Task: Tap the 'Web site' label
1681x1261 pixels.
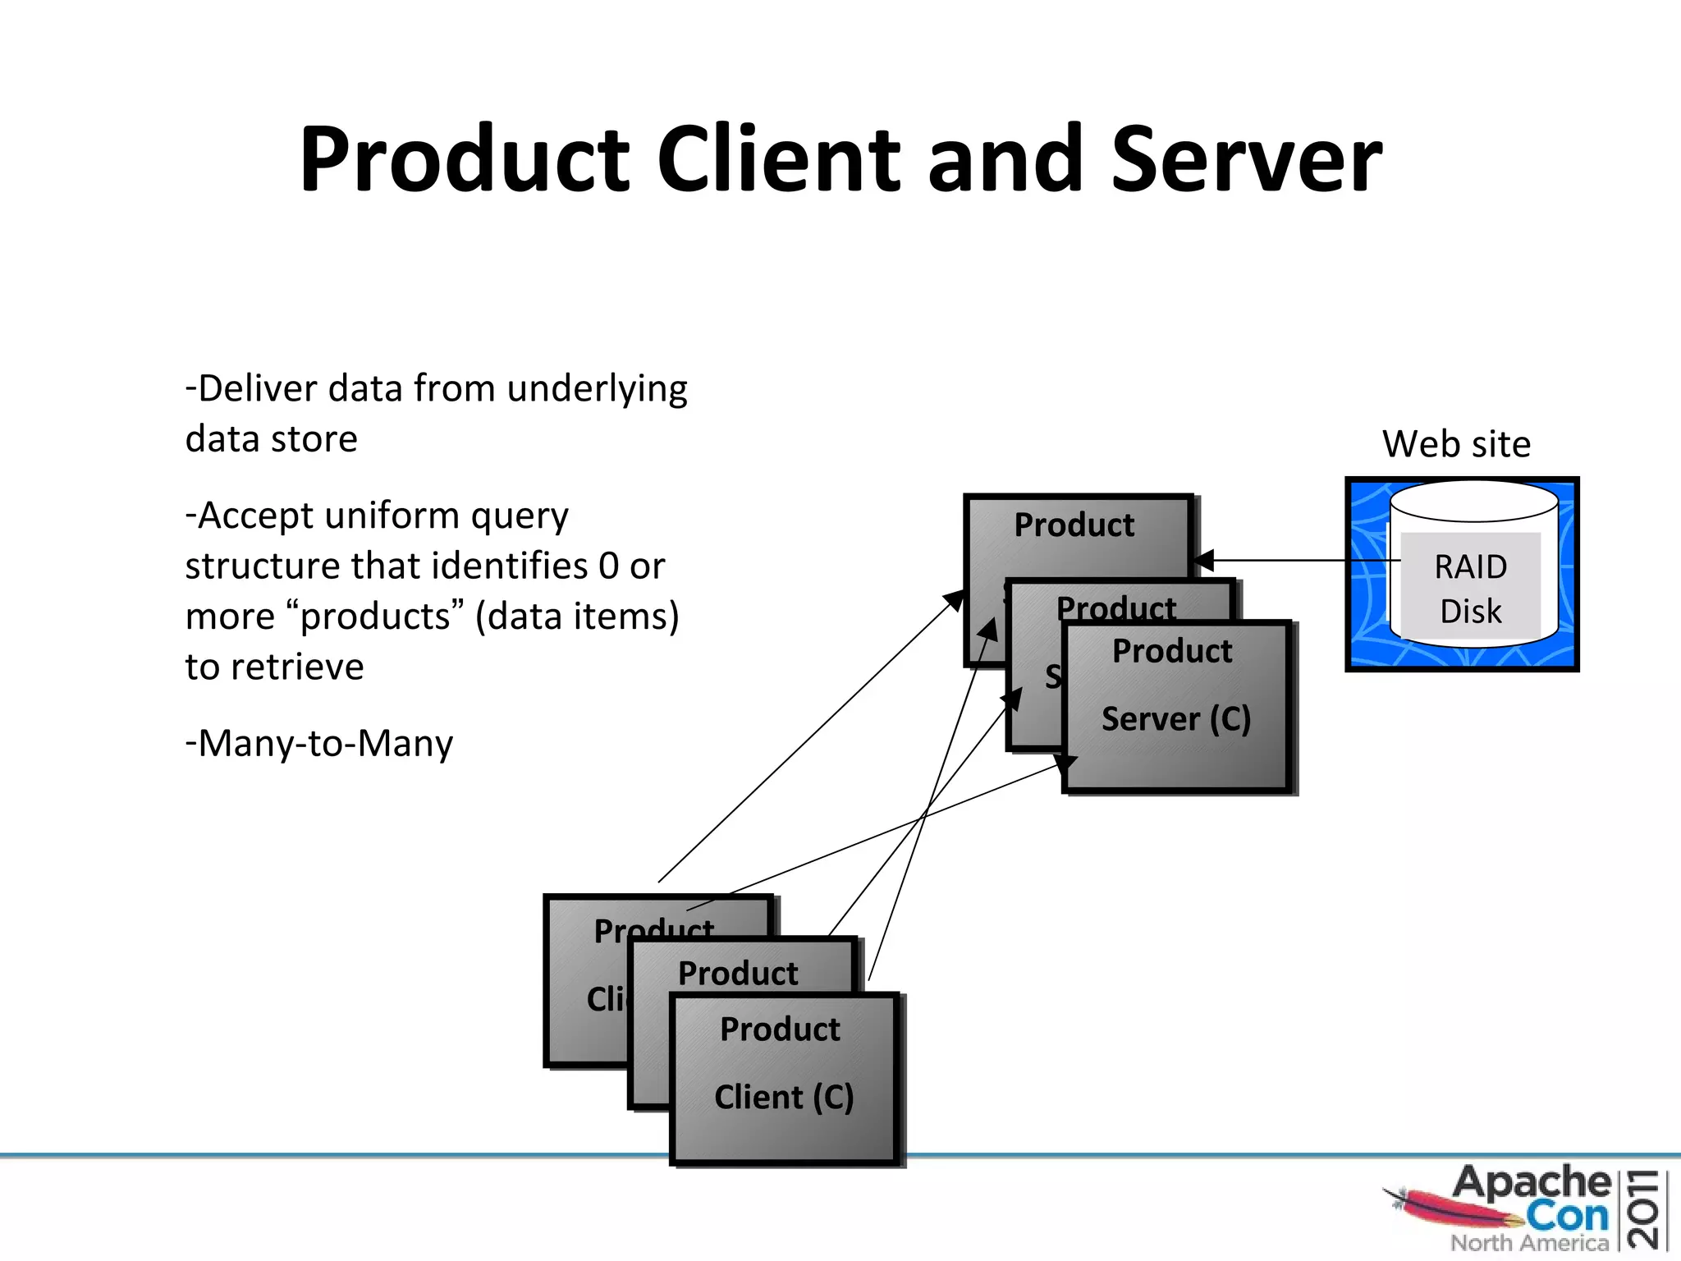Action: [1456, 444]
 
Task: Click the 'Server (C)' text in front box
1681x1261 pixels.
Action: [1175, 719]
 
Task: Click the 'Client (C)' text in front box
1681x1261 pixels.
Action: [784, 1098]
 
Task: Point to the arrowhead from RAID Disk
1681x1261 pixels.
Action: [1203, 562]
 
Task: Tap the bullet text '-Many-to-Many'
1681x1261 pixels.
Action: [319, 744]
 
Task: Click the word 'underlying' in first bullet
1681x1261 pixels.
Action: [597, 389]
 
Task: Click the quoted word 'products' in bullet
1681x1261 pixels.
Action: [375, 617]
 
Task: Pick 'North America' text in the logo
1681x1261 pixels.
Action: [1528, 1243]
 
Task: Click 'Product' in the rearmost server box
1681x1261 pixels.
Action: [1074, 525]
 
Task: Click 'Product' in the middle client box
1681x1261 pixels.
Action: [737, 974]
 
